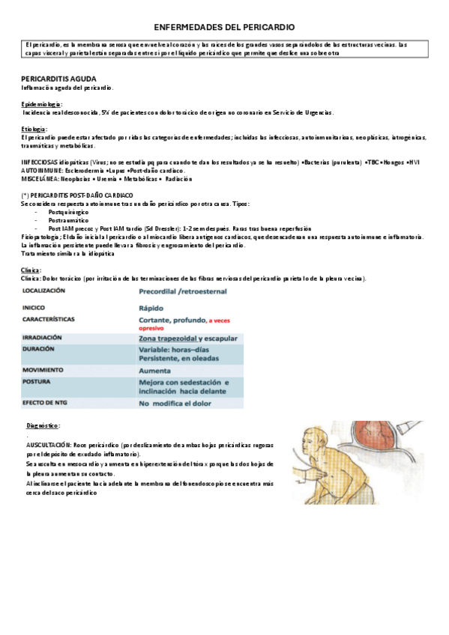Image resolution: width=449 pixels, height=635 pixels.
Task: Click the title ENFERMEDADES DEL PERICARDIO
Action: point(224,25)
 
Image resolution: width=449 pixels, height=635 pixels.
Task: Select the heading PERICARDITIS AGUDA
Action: point(58,79)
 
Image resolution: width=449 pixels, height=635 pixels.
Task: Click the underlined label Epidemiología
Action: point(42,104)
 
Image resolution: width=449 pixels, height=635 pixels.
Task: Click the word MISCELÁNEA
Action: point(40,179)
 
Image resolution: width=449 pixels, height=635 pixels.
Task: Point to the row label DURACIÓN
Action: point(40,349)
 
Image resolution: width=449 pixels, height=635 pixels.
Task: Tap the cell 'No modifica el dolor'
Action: point(176,404)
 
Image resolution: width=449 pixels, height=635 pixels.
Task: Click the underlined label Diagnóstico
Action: point(43,425)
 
